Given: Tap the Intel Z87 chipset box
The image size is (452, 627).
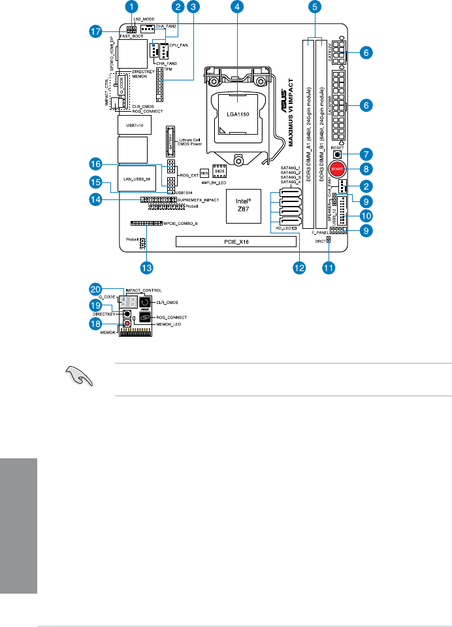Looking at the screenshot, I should tap(244, 208).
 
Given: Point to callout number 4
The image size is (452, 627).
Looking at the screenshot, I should tap(238, 7).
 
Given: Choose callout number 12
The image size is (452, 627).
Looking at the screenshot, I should tap(299, 267).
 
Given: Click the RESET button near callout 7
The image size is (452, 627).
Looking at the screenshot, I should tap(338, 155).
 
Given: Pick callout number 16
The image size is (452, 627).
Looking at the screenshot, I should tap(95, 162).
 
